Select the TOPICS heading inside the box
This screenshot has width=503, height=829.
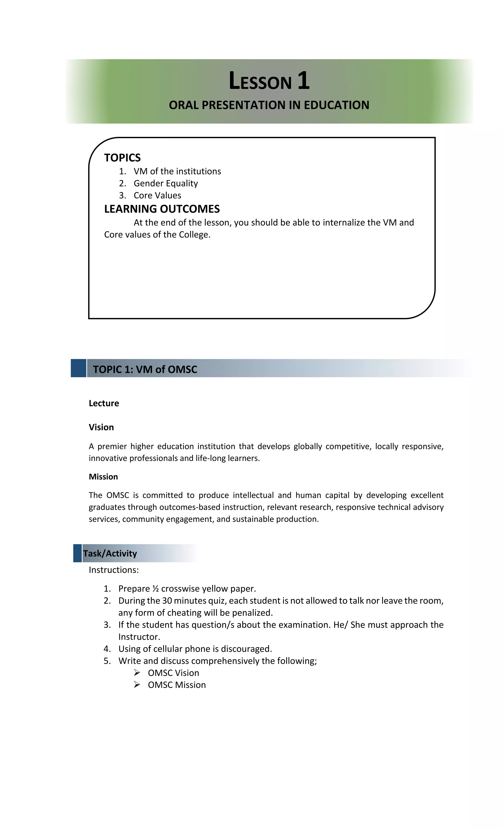click(x=122, y=158)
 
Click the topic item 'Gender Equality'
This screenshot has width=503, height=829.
click(x=166, y=183)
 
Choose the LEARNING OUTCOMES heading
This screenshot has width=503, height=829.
click(x=162, y=209)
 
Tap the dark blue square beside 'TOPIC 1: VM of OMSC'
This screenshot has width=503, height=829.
click(x=78, y=368)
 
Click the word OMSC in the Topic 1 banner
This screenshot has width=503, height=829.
click(x=182, y=369)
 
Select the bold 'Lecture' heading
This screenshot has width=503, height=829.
click(x=104, y=403)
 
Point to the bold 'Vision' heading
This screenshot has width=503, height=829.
click(x=101, y=427)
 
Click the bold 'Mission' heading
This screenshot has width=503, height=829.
click(x=103, y=477)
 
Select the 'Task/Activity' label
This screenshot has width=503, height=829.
click(x=110, y=553)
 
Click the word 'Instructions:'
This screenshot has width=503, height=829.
click(x=114, y=570)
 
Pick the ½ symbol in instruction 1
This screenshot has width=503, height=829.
click(x=155, y=589)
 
